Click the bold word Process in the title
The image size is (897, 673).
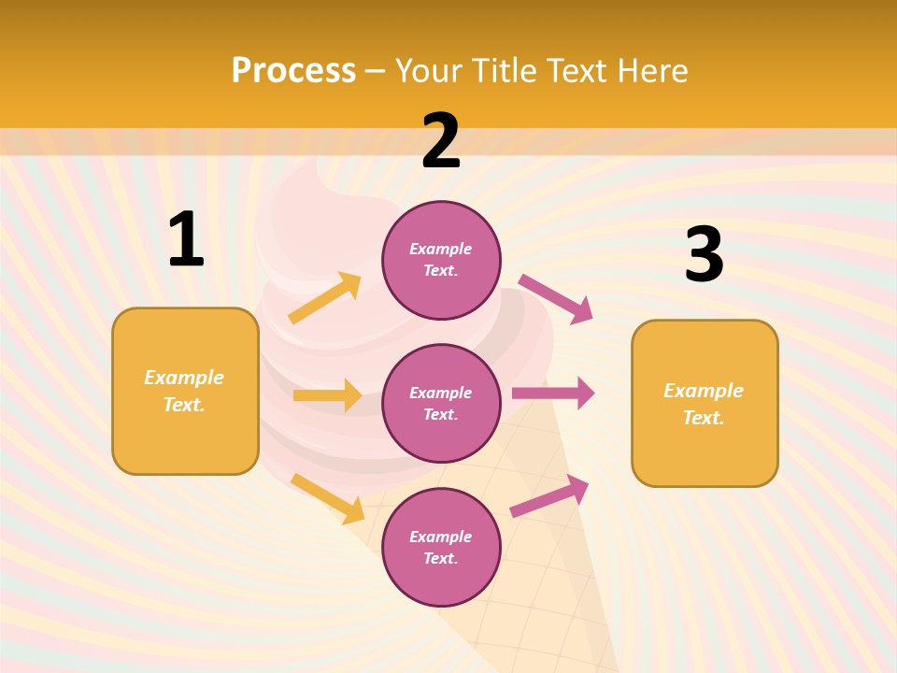293,71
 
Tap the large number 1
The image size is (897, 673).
186,240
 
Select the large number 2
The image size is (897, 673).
441,142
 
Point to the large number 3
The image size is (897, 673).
705,254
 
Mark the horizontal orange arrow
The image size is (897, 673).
327,395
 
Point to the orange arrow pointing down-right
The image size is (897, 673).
327,498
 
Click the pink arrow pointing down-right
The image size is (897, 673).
556,298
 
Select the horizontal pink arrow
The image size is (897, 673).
552,394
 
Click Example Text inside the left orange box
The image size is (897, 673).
184,391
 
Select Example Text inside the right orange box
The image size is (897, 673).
704,404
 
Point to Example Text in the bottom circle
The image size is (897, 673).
441,548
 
